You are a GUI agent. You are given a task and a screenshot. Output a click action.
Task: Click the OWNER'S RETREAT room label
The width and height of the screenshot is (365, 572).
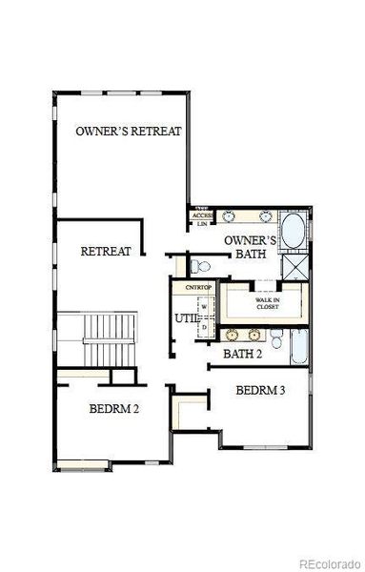coord(128,130)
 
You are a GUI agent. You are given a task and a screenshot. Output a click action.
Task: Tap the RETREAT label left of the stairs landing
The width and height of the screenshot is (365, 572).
coord(105,252)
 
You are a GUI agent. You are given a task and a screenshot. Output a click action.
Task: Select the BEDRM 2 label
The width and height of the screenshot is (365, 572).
coord(115,409)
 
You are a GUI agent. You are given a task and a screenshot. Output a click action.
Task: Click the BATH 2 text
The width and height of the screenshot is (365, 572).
coord(242,354)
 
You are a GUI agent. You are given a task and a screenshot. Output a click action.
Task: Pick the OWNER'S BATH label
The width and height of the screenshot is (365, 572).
coord(250,248)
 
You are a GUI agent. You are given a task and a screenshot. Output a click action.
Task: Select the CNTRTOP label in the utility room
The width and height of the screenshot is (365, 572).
coord(197,286)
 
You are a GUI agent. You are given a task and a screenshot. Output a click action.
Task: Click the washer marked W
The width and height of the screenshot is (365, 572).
coord(203,307)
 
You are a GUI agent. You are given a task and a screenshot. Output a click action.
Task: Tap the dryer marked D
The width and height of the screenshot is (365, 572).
coord(203,327)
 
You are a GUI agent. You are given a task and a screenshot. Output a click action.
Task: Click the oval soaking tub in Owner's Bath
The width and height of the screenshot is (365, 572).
coord(293,232)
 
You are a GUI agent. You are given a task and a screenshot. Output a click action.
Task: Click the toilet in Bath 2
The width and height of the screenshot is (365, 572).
coord(274,338)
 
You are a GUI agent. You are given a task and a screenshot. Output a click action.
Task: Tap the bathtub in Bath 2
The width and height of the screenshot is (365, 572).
coord(297,347)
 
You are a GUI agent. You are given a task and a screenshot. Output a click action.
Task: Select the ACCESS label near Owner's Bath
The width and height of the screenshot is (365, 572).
coord(202,216)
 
